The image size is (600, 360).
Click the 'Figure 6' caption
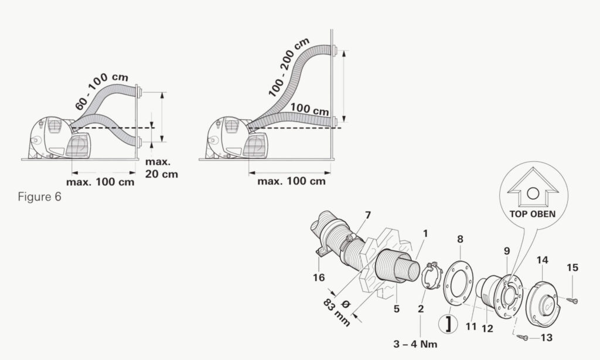point(38,197)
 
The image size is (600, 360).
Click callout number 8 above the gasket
point(460,239)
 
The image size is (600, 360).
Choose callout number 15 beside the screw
point(572,267)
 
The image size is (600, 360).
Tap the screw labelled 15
point(574,301)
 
